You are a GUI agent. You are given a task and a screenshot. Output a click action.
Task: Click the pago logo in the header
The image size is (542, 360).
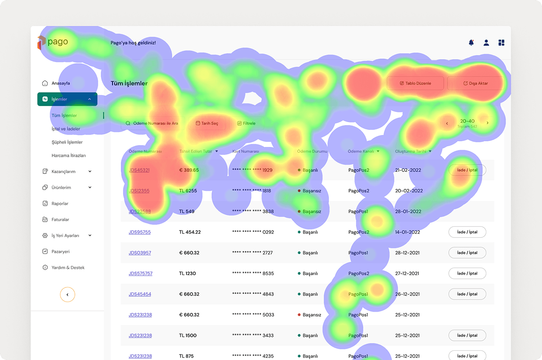click(x=53, y=42)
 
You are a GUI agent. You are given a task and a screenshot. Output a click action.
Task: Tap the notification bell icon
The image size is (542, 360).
click(x=471, y=43)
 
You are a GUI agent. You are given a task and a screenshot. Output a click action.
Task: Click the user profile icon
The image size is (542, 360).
click(x=486, y=43)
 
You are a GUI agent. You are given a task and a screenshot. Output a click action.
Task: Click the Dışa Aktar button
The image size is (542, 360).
click(x=475, y=83)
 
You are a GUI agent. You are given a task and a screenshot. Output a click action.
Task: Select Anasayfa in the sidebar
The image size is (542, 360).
click(x=60, y=84)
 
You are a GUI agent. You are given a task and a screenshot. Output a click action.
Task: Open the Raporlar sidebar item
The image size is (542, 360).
click(x=60, y=203)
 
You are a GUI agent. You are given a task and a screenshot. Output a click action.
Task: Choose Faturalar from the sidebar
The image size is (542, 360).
click(x=60, y=219)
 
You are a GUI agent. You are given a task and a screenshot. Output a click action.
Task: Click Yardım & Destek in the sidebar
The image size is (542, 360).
click(x=68, y=268)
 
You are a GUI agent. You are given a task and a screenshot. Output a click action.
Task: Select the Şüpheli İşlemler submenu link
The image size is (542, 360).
click(x=67, y=142)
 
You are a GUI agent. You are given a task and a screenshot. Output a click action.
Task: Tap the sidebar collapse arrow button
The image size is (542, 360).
click(x=68, y=294)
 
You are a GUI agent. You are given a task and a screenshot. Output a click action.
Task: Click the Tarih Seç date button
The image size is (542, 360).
click(x=207, y=124)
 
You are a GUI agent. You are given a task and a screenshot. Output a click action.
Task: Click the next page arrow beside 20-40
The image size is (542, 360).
click(x=487, y=123)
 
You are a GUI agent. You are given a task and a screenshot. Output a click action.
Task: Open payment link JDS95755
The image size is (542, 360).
click(x=140, y=232)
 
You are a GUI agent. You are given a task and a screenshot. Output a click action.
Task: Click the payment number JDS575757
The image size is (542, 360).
click(x=141, y=274)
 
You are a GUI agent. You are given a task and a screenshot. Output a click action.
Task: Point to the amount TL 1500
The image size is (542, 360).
click(x=188, y=336)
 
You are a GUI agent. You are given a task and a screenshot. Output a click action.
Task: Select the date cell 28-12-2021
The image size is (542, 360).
click(x=407, y=253)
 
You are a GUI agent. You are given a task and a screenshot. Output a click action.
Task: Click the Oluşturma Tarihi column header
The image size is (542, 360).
click(x=411, y=152)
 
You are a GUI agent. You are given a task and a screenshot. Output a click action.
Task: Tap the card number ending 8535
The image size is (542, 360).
click(x=253, y=274)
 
